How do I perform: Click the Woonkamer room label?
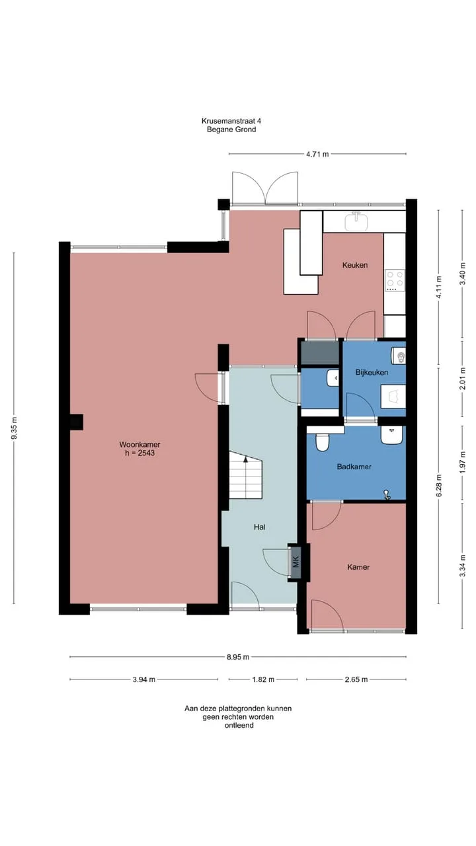point(139,445)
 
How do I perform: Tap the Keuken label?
point(355,265)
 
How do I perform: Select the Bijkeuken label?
point(372,372)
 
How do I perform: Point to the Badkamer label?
point(354,467)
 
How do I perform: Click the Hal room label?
point(260,527)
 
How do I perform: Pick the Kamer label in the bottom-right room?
point(358,567)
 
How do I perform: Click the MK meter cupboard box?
point(296,562)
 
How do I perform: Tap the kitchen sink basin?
point(356,221)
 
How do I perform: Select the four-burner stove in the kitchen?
point(395,280)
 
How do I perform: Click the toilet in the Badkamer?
point(322,442)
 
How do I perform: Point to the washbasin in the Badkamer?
point(392,435)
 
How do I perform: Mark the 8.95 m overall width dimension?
point(238,657)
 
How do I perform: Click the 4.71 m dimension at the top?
point(317,154)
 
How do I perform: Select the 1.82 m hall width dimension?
point(263,679)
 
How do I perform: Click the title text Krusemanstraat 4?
point(231,121)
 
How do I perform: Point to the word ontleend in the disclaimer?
point(239,725)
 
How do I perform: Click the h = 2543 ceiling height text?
point(139,453)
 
